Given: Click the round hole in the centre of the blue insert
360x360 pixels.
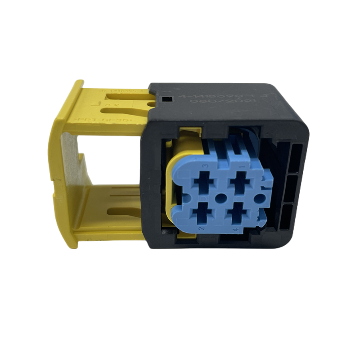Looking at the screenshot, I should tap(221, 197).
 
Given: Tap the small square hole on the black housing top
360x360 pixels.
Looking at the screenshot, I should tap(167, 98).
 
